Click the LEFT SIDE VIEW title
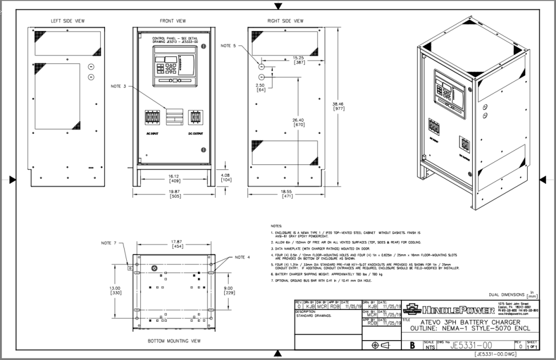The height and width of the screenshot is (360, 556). [68, 21]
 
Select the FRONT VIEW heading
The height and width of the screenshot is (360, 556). [173, 21]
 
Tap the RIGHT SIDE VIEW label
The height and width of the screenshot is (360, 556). [285, 21]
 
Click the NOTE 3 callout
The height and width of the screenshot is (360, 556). [118, 86]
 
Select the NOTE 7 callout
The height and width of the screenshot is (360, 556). [109, 243]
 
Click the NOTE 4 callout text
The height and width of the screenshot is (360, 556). [242, 257]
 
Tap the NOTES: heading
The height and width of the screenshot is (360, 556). [276, 226]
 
